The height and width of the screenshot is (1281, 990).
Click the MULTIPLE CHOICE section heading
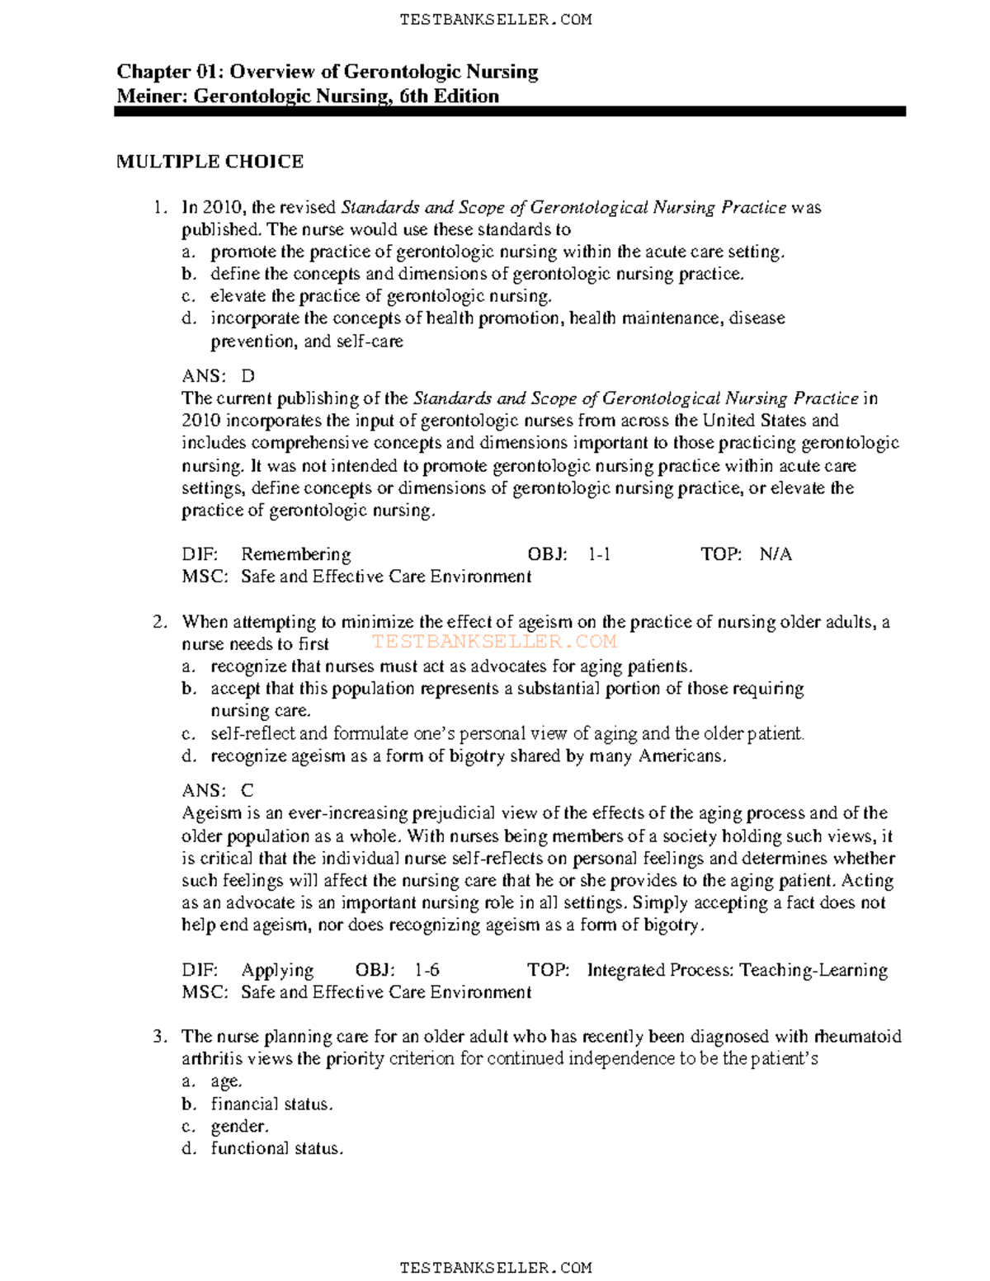pos(210,162)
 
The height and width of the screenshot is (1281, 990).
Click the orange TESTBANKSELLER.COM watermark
pos(493,642)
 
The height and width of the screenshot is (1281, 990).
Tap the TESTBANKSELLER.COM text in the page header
pos(495,20)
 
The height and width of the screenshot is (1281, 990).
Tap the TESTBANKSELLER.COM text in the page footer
pos(495,1268)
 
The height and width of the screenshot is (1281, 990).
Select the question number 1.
pos(159,208)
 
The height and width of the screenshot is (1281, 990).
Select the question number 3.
pos(159,1037)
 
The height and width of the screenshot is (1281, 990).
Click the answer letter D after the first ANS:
pos(247,376)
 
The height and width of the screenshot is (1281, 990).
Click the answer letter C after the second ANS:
pos(247,791)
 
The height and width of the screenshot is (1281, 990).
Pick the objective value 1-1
pos(599,554)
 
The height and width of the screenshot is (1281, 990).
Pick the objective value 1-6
pos(427,970)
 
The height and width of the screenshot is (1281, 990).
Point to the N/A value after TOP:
pos(775,554)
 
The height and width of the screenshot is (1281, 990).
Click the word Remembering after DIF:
pos(295,554)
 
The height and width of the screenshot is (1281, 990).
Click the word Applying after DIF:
pos(277,970)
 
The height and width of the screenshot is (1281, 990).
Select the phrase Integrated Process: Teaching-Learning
pos(737,970)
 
